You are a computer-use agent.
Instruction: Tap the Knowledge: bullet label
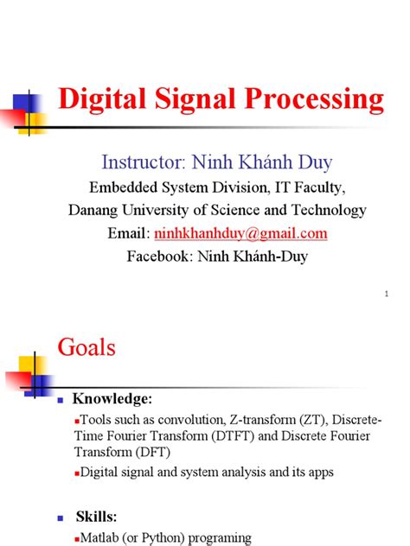point(112,398)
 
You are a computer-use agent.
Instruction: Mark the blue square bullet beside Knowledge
point(61,400)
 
